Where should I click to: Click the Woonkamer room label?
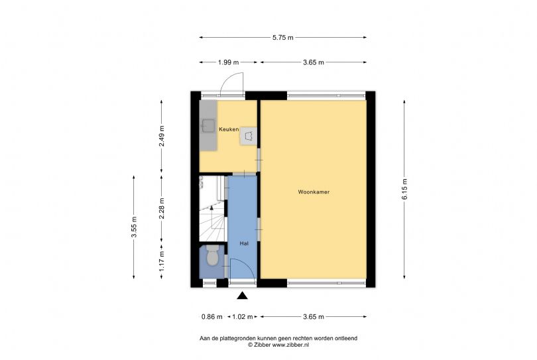point(314,192)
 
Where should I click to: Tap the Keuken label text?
point(229,129)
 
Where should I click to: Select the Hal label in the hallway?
point(244,243)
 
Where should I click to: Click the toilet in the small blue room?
point(212,255)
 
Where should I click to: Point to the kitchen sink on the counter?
point(208,125)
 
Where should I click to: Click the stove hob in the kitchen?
point(249,136)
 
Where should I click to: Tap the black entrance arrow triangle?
point(242,296)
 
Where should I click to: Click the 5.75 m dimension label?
point(283,38)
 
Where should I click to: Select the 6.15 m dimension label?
point(404,189)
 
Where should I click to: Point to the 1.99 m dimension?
point(229,62)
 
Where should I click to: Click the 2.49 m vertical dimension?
point(162,136)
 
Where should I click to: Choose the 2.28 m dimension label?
point(162,208)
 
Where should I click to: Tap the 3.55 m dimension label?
point(134,227)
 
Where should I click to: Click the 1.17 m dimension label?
point(162,261)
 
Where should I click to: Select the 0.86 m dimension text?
point(211,317)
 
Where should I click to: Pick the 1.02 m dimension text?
point(243,317)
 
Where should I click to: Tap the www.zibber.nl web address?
point(290,345)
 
